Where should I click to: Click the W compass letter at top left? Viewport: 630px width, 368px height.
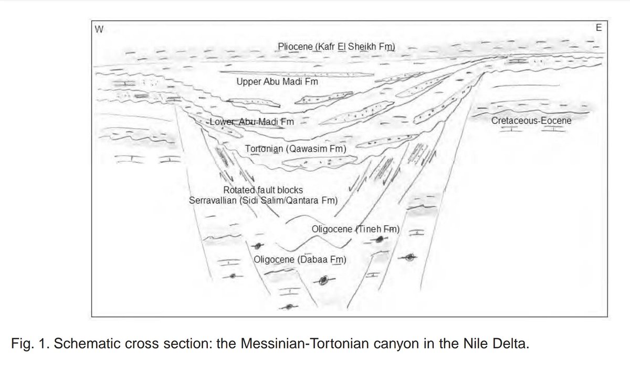[98, 29]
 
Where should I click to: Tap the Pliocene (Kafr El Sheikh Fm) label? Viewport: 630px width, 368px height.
[336, 48]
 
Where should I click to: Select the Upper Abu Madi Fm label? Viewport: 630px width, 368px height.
[277, 82]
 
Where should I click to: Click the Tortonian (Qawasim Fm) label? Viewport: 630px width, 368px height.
[296, 149]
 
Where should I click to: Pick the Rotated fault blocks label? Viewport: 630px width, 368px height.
[264, 190]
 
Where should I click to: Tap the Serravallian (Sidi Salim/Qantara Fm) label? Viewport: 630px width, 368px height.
[263, 200]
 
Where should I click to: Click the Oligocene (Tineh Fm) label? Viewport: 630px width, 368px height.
[356, 229]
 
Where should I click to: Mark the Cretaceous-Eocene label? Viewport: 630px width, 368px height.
[531, 121]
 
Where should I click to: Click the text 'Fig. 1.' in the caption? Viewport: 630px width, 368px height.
[28, 344]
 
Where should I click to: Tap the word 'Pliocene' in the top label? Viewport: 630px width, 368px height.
[296, 48]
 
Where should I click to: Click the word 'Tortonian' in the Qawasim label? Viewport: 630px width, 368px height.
[266, 149]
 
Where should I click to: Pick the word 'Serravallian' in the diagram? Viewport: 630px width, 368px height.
[215, 200]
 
